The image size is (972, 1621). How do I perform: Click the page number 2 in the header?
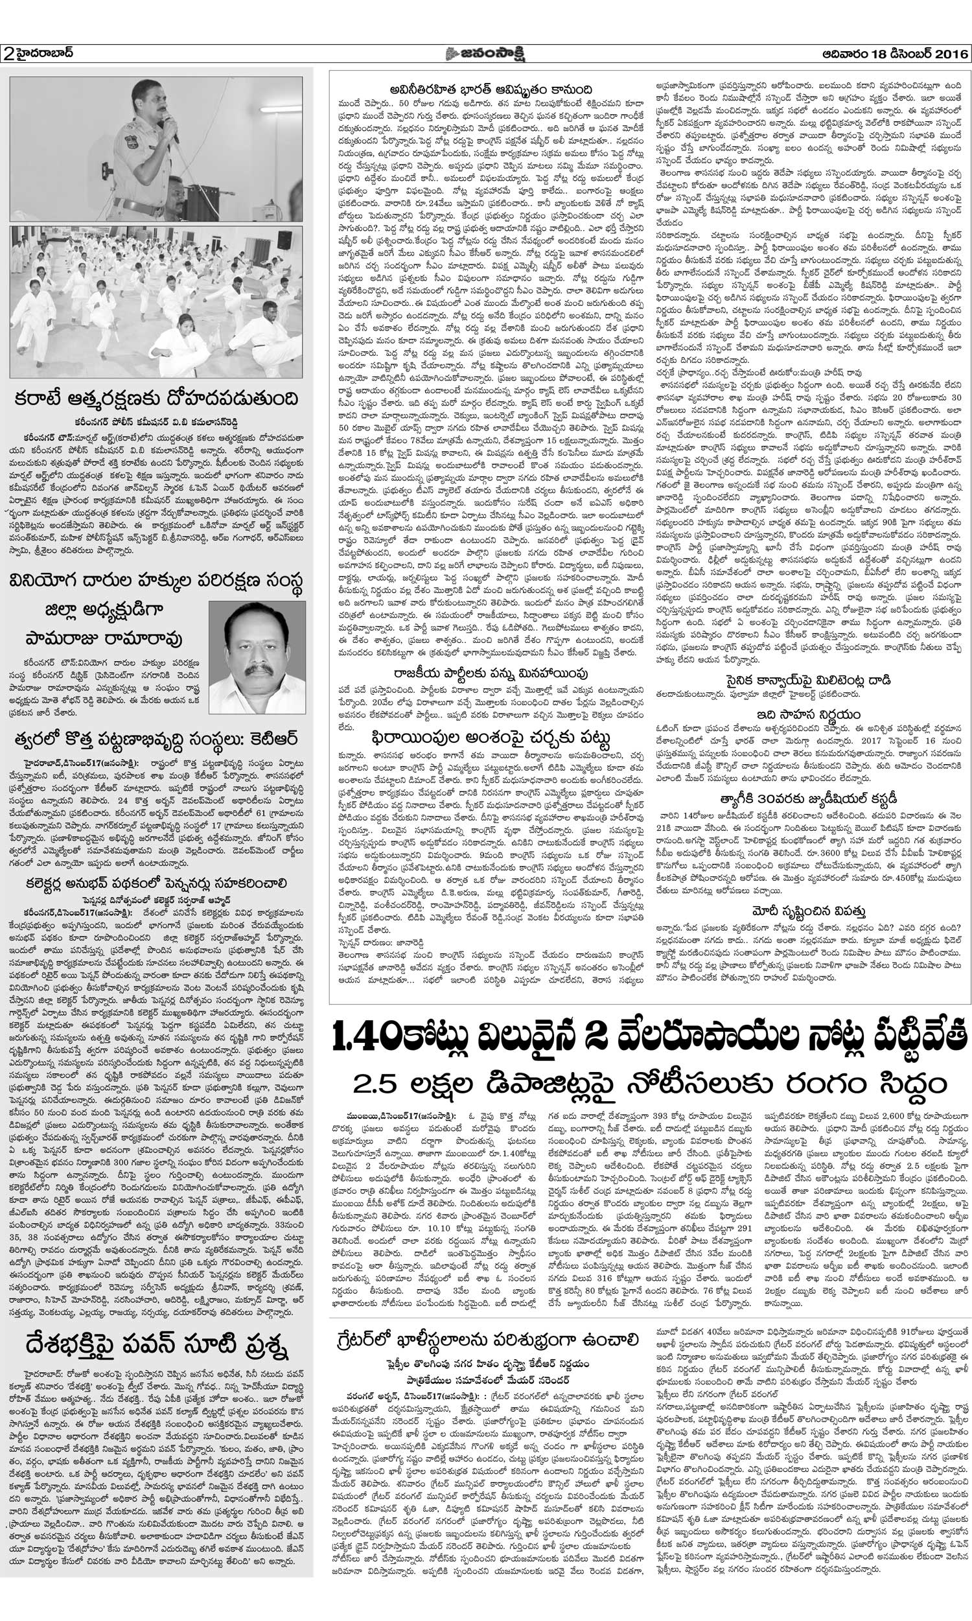8,54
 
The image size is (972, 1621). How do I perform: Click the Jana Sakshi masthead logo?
485,53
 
